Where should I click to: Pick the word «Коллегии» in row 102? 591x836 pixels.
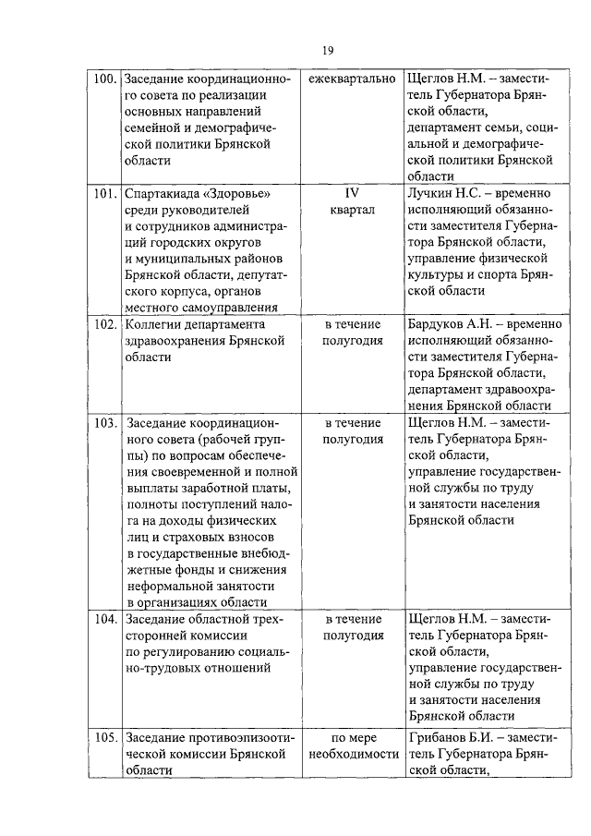tap(152, 325)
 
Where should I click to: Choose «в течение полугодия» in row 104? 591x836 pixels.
tap(352, 626)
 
